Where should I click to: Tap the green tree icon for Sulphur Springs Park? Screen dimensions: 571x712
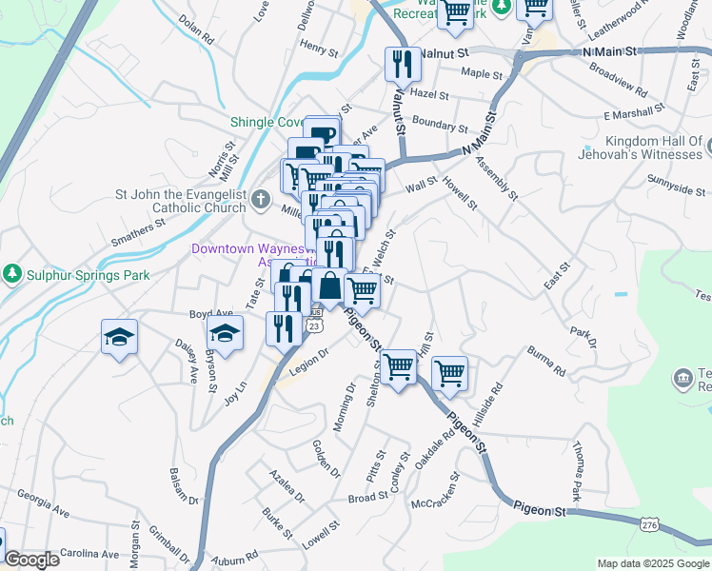coord(10,275)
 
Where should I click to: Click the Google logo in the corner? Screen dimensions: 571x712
coord(31,560)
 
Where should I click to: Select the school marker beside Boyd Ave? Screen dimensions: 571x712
coord(225,333)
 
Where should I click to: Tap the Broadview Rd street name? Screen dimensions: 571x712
coord(618,83)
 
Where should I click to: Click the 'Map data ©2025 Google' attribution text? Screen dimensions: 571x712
coord(653,563)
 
